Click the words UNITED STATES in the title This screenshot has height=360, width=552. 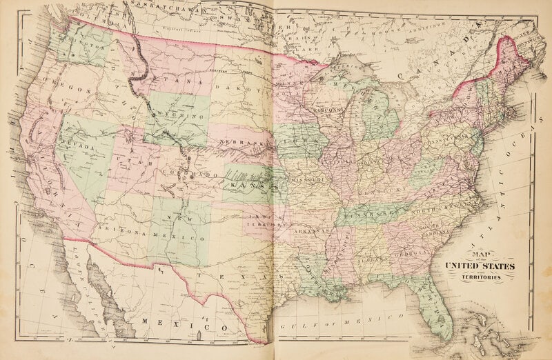tap(479, 266)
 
